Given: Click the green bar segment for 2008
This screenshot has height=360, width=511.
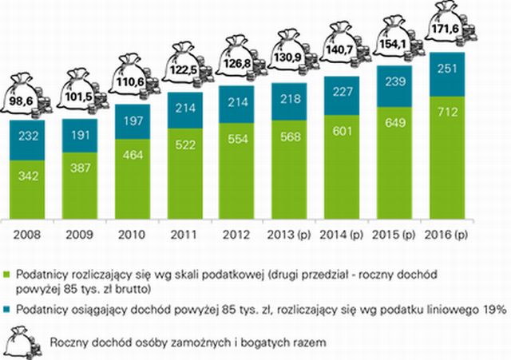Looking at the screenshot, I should (32, 192).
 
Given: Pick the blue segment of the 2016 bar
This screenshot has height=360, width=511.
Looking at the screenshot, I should (447, 74).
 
